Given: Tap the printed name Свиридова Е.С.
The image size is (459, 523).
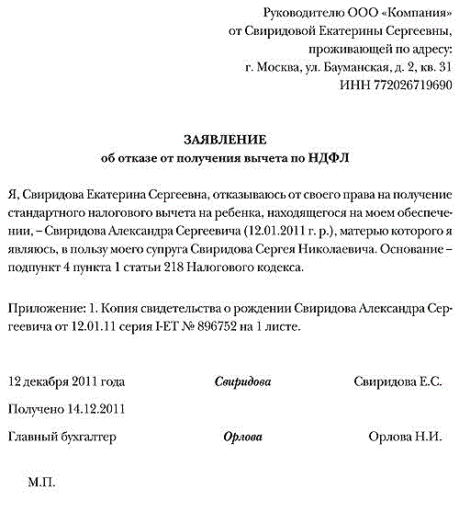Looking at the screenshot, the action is click(x=397, y=381).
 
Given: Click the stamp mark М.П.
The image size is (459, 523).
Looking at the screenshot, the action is click(x=42, y=482).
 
